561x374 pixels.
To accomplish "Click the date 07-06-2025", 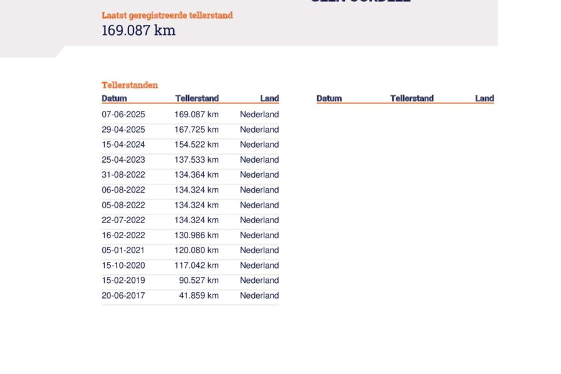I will click(123, 115).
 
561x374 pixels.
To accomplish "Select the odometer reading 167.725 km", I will click(196, 130).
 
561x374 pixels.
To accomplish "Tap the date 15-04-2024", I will click(123, 145).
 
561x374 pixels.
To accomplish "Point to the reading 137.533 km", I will click(196, 160).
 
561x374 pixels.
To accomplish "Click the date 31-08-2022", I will click(123, 175).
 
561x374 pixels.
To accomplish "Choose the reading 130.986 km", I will click(196, 235).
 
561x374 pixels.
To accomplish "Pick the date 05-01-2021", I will click(123, 251).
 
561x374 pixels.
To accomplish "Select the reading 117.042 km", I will click(196, 266).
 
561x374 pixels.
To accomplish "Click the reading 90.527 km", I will click(199, 280).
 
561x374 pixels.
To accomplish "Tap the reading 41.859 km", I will click(199, 295).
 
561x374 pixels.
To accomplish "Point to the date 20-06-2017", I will click(123, 295).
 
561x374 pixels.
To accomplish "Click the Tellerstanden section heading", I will click(130, 85).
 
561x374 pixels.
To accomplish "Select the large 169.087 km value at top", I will click(138, 31).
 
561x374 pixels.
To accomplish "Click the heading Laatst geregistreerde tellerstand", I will click(167, 15).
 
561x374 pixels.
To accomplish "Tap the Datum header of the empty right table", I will click(329, 98).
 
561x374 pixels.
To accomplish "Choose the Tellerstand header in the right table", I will click(411, 98).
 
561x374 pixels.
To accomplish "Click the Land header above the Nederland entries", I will click(269, 98).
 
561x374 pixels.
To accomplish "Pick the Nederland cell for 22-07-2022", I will click(259, 220).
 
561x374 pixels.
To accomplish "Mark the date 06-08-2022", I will click(123, 190).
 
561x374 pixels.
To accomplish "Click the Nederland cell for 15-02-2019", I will click(259, 280).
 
